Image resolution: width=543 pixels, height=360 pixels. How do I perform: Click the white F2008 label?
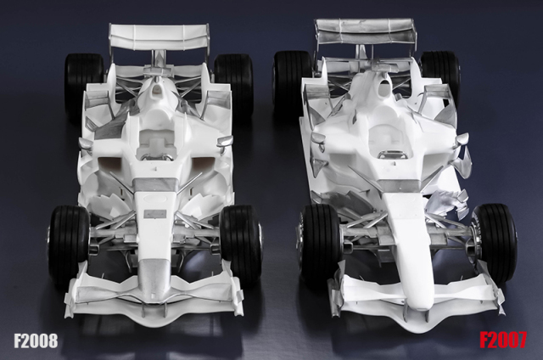click(36, 340)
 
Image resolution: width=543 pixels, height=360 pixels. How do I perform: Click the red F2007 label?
click(503, 340)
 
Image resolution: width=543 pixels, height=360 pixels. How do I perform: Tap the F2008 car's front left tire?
click(68, 243)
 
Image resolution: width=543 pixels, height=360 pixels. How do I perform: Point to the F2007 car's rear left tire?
click(293, 82)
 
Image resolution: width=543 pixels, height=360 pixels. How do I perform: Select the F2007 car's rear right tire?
click(440, 78)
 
